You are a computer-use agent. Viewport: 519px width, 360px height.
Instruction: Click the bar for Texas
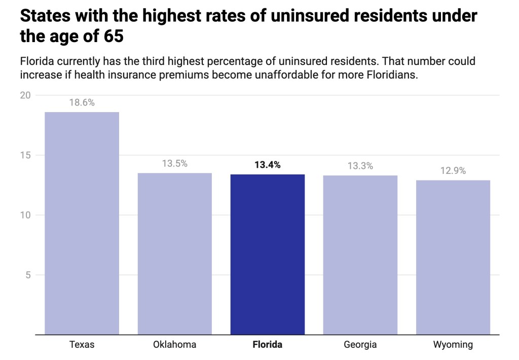(x=82, y=223)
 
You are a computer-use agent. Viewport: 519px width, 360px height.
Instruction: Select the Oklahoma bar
(x=175, y=254)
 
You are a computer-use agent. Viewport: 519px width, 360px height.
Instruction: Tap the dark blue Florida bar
(x=268, y=254)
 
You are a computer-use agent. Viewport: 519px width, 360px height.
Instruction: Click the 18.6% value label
(x=82, y=102)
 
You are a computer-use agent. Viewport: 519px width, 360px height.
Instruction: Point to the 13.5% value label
(x=175, y=163)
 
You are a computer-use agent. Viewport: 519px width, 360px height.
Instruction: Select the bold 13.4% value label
(x=268, y=164)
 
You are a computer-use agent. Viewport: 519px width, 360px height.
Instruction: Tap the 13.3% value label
(x=360, y=166)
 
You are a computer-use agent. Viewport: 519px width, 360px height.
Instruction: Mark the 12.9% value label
(x=453, y=171)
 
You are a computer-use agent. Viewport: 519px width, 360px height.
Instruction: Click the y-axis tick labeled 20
(x=26, y=95)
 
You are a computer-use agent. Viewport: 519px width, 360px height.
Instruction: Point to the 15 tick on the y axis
(x=26, y=155)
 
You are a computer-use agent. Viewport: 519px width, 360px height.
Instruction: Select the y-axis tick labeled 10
(x=26, y=215)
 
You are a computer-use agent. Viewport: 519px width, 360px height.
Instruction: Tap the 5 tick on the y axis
(x=28, y=275)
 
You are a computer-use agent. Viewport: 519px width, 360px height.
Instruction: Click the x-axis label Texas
(x=82, y=345)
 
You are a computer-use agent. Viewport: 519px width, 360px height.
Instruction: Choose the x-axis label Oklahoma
(x=175, y=345)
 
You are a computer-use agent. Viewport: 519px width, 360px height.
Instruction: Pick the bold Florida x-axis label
(x=268, y=345)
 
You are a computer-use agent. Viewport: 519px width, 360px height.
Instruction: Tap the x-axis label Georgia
(x=360, y=345)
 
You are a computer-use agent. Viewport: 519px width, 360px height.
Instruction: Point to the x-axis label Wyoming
(x=453, y=345)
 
